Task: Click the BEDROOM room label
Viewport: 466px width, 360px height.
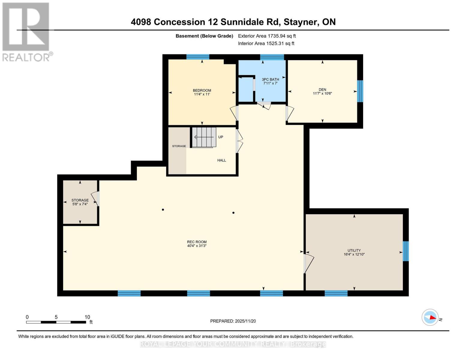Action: (x=202, y=90)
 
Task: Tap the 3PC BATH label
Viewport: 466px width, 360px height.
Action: (x=270, y=79)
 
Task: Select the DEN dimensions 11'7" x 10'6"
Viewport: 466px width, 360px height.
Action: (x=322, y=94)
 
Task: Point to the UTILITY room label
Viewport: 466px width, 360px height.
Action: (x=354, y=250)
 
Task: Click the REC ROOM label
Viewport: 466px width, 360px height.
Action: (x=197, y=242)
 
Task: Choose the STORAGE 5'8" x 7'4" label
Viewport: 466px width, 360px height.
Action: (x=80, y=202)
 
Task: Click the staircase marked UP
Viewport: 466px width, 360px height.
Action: (x=204, y=137)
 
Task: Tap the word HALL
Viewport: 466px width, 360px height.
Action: (x=221, y=160)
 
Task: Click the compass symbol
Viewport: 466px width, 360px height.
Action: (x=430, y=317)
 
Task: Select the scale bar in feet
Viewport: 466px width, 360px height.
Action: (x=56, y=322)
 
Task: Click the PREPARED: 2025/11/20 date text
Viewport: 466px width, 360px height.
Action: (x=233, y=321)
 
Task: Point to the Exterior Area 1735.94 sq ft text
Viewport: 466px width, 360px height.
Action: (x=267, y=36)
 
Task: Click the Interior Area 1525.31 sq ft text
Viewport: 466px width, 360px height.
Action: (x=266, y=43)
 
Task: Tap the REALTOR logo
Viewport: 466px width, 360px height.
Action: (x=26, y=31)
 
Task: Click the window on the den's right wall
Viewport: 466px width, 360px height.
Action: (x=360, y=91)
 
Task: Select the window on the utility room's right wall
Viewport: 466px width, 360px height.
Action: (x=405, y=251)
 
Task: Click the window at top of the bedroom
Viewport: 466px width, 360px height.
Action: (x=198, y=57)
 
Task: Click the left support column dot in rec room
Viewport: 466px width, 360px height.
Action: (x=163, y=209)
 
